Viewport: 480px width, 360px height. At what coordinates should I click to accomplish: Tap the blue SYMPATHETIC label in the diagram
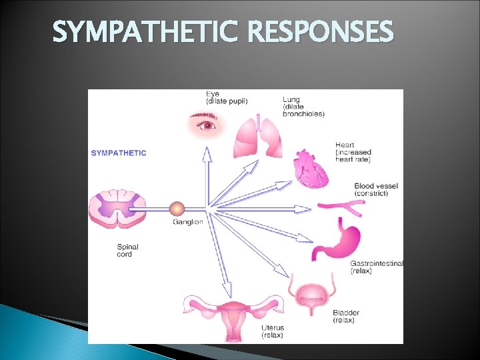click(x=119, y=153)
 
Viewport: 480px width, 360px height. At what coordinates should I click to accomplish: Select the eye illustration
click(x=207, y=123)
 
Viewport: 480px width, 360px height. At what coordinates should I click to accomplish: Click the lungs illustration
click(x=258, y=137)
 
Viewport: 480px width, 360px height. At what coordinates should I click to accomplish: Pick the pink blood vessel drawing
click(x=341, y=208)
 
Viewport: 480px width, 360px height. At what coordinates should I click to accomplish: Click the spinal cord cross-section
click(x=117, y=210)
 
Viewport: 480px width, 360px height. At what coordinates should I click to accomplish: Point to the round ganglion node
click(x=177, y=209)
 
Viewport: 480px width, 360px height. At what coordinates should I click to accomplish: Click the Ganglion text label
click(x=187, y=222)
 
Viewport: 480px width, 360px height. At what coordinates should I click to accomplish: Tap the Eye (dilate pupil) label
click(x=227, y=97)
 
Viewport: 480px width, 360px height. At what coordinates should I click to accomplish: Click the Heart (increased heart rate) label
click(x=353, y=152)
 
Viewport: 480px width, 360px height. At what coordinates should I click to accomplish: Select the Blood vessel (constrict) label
click(x=377, y=189)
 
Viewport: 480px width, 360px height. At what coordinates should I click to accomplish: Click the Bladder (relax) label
click(x=346, y=316)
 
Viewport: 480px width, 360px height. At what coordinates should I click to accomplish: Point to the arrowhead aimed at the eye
click(x=207, y=154)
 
